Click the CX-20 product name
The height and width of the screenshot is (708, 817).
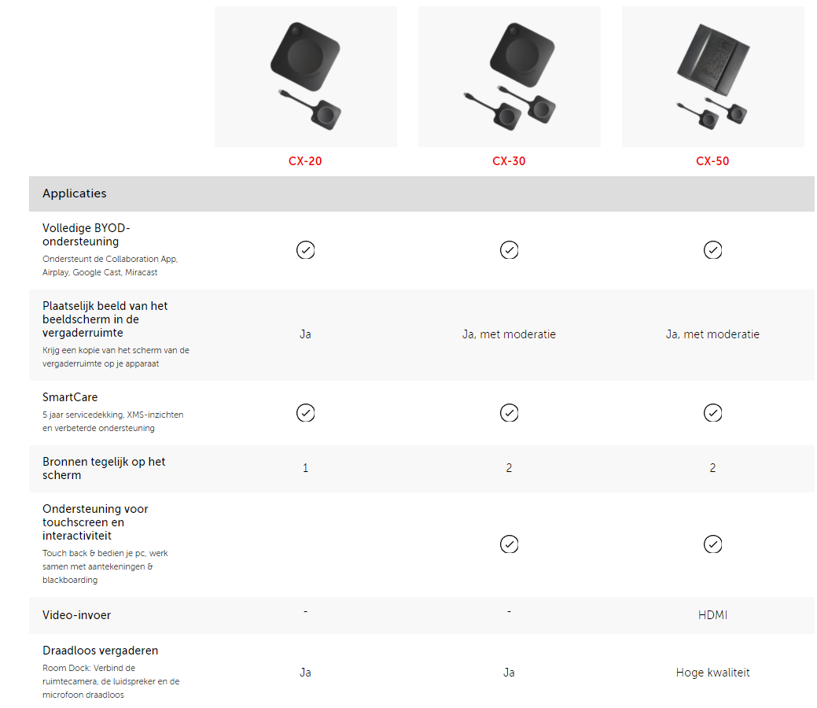click(305, 161)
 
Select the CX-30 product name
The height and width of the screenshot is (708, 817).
click(509, 161)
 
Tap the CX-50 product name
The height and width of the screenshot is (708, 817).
click(712, 161)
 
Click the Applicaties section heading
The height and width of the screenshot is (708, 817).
click(75, 194)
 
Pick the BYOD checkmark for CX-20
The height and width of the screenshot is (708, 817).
click(306, 250)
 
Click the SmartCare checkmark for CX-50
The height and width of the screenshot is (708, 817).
click(712, 413)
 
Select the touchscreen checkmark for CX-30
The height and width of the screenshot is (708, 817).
click(509, 544)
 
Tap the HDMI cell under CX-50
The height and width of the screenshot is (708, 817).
click(712, 615)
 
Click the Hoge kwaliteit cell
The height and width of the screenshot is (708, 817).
click(712, 673)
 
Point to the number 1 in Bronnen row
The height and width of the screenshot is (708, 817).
click(305, 468)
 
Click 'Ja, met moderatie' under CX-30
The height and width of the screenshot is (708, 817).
click(509, 334)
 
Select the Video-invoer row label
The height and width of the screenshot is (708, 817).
click(76, 615)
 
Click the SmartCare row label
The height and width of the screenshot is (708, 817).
click(70, 397)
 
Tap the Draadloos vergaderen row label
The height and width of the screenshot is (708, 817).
click(100, 651)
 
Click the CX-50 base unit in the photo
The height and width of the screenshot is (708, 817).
click(713, 60)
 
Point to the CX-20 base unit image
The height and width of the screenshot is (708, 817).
click(305, 57)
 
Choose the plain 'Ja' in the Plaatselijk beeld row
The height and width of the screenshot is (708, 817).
click(305, 334)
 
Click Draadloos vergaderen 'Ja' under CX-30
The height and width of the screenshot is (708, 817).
click(509, 673)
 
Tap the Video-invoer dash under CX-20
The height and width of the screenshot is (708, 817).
click(305, 611)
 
